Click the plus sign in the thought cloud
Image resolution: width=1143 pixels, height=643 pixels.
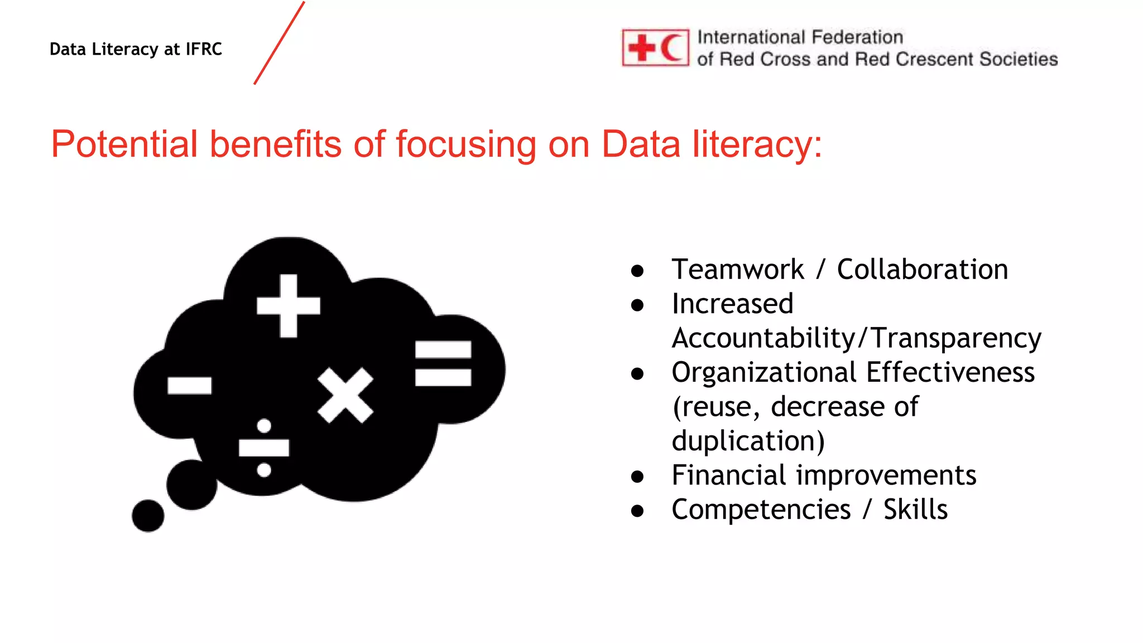pyautogui.click(x=289, y=306)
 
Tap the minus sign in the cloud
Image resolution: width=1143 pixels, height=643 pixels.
pyautogui.click(x=190, y=386)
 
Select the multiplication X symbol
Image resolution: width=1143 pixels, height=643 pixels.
pyautogui.click(x=345, y=395)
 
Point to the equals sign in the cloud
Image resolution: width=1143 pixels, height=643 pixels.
pyautogui.click(x=443, y=363)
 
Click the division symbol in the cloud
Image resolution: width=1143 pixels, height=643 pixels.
pyautogui.click(x=264, y=448)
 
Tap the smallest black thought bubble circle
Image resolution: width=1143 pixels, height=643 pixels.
pyautogui.click(x=148, y=516)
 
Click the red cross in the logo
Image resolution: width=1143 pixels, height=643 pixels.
pyautogui.click(x=642, y=48)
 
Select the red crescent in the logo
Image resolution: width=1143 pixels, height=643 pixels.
pyautogui.click(x=673, y=48)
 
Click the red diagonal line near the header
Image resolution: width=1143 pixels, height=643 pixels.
pyautogui.click(x=279, y=43)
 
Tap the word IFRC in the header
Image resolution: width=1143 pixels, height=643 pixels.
pyautogui.click(x=204, y=49)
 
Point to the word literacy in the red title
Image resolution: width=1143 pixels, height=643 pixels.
pyautogui.click(x=757, y=144)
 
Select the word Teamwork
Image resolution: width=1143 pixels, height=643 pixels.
pyautogui.click(x=737, y=270)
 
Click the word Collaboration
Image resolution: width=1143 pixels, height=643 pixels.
pyautogui.click(x=922, y=270)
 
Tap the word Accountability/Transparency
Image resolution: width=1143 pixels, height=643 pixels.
pyautogui.click(x=856, y=338)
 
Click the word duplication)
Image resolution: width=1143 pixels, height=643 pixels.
pyautogui.click(x=748, y=441)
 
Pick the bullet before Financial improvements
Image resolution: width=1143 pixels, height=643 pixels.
pyautogui.click(x=637, y=477)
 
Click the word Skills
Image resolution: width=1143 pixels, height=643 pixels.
pyautogui.click(x=915, y=510)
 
